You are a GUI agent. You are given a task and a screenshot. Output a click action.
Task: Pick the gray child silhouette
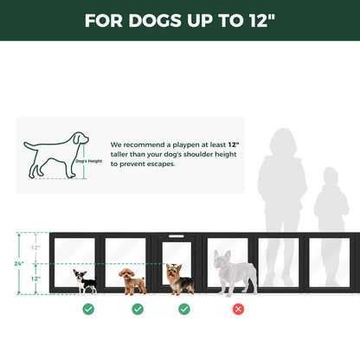tap(331, 225)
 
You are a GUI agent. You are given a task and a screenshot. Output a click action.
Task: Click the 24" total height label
tap(17, 263)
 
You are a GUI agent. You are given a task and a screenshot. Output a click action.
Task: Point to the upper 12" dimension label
tap(35, 247)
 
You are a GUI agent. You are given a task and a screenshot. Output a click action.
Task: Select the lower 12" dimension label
tap(35, 279)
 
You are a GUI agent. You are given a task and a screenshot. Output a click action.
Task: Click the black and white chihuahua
tap(85, 280)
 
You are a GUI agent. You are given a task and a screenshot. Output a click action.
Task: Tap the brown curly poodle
tap(132, 280)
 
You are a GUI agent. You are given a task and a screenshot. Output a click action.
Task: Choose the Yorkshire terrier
tap(180, 279)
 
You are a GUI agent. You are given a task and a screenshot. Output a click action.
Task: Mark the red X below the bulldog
tap(238, 308)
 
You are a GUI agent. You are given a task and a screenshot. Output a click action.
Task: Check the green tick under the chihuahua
tap(88, 308)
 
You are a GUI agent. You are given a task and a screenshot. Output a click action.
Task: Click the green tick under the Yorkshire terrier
tap(184, 308)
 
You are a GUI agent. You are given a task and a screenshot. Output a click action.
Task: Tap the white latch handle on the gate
tap(177, 235)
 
